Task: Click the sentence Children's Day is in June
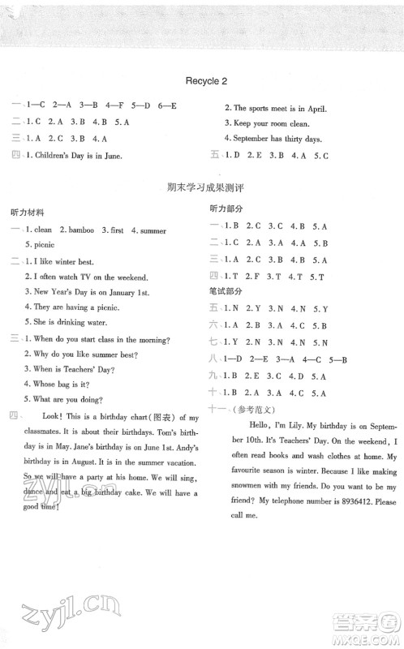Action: coord(79,156)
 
